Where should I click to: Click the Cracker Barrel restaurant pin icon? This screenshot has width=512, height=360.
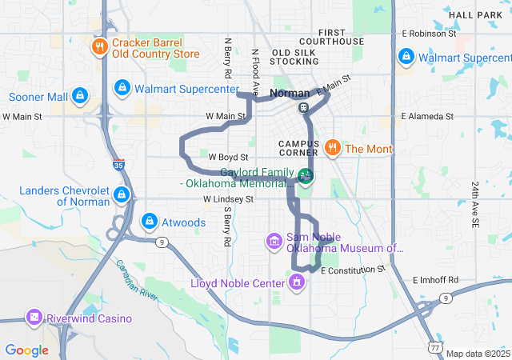click(x=100, y=47)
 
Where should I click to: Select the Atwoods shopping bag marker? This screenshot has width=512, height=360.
click(x=149, y=220)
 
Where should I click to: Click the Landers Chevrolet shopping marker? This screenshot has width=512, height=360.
click(x=122, y=195)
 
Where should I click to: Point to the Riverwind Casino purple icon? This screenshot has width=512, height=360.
click(x=34, y=318)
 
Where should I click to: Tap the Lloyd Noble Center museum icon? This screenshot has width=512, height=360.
click(x=297, y=282)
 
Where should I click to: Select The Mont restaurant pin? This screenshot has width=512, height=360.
click(x=333, y=148)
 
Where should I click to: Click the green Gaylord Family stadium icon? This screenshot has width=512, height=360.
click(x=305, y=175)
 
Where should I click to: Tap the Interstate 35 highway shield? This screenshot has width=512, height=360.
click(x=118, y=166)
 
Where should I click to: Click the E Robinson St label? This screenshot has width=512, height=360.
click(x=430, y=34)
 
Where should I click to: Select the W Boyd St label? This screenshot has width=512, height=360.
click(x=228, y=158)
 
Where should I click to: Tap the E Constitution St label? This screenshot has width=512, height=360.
click(x=353, y=270)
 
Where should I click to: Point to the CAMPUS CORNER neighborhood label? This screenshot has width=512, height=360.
click(x=298, y=148)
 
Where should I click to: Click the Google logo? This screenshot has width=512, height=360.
click(x=26, y=350)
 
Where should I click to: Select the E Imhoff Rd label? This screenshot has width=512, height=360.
click(x=435, y=280)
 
